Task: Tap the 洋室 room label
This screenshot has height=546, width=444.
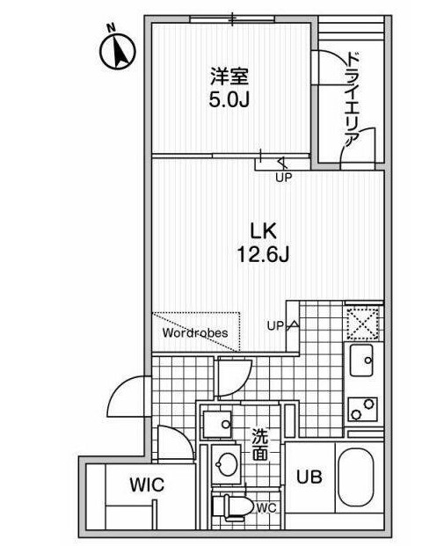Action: pyautogui.click(x=229, y=76)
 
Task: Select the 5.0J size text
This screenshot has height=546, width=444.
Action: pyautogui.click(x=229, y=100)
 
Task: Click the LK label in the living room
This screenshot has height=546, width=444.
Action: pyautogui.click(x=264, y=231)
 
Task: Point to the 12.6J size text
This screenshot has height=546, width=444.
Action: pyautogui.click(x=263, y=254)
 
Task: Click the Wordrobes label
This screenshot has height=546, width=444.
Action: pyautogui.click(x=195, y=333)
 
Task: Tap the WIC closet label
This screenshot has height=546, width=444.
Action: pyautogui.click(x=147, y=485)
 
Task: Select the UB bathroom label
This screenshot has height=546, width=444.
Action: pyautogui.click(x=309, y=477)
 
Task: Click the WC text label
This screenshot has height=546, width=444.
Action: pyautogui.click(x=266, y=508)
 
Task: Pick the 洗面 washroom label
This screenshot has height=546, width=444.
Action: pyautogui.click(x=260, y=445)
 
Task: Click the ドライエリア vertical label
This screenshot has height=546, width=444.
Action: pyautogui.click(x=352, y=100)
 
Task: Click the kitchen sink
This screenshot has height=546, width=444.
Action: pyautogui.click(x=361, y=360)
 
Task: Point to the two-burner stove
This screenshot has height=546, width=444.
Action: pyautogui.click(x=362, y=409)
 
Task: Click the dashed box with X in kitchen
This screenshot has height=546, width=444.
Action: pyautogui.click(x=363, y=324)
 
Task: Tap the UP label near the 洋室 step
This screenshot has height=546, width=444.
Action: pyautogui.click(x=283, y=178)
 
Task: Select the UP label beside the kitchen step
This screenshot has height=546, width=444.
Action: pyautogui.click(x=275, y=326)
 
